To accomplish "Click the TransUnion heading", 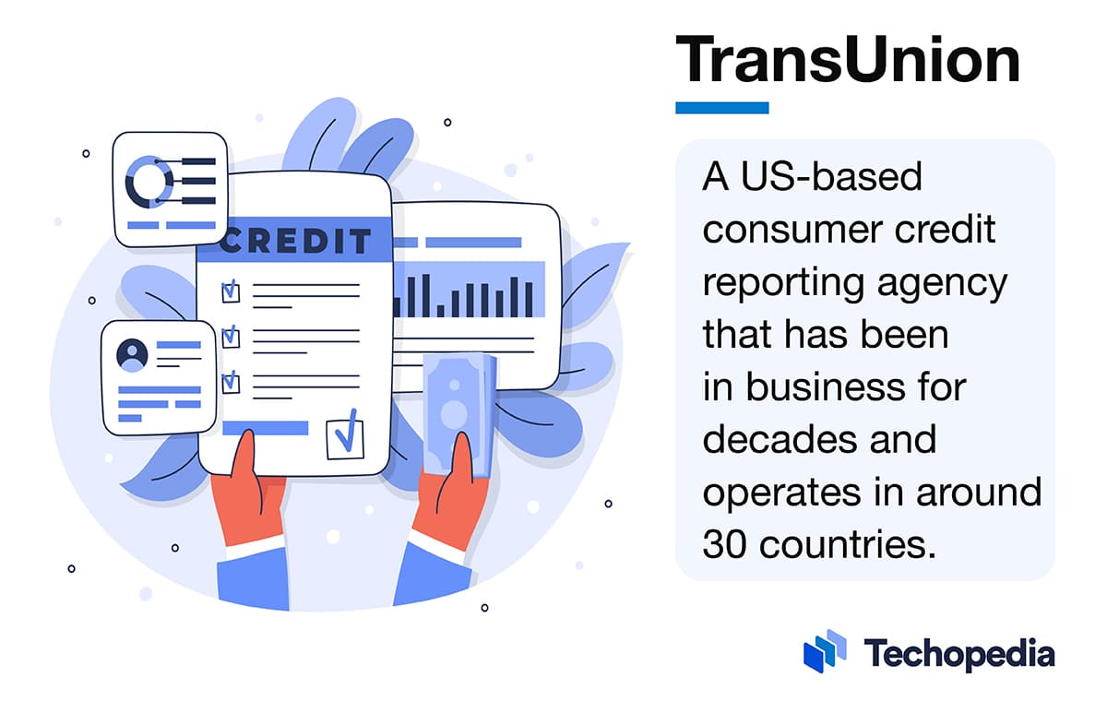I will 847,61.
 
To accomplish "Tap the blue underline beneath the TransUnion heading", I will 721,108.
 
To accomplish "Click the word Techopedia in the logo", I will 959,654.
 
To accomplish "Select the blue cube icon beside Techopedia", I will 825,650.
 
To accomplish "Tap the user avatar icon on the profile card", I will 132,354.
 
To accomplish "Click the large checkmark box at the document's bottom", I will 345,439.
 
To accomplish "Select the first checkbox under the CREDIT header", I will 231,291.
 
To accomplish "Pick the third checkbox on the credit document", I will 231,380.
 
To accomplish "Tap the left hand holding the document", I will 243,503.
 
